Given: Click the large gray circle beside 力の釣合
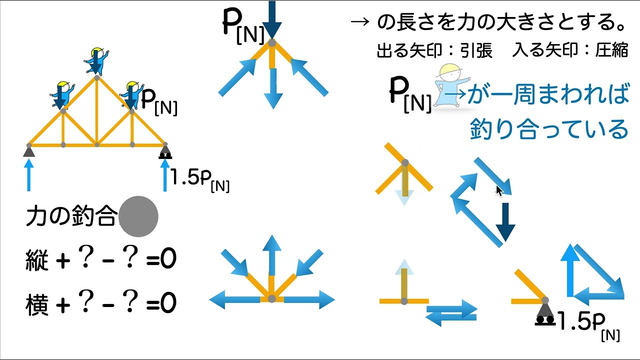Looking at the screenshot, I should tap(138, 216).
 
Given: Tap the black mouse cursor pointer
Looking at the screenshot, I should tap(498, 190).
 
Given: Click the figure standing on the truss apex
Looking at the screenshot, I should tap(97, 61).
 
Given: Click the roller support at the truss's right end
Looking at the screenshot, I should tap(165, 151).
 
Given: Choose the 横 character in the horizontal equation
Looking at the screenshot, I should tap(37, 303).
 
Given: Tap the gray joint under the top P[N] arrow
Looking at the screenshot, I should tap(271, 43).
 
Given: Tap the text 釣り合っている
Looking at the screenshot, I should tap(548, 129).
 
